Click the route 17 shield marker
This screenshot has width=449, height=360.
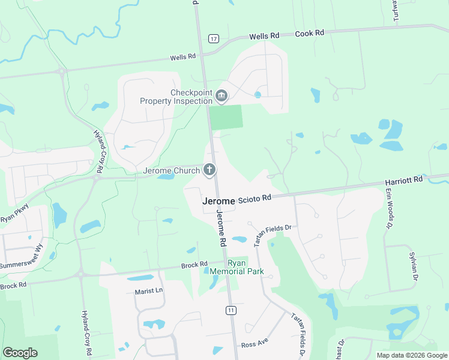click(214, 38)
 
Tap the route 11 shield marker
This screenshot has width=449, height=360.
click(231, 310)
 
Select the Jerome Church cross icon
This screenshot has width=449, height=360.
click(209, 170)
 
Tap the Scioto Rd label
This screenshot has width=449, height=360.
click(255, 197)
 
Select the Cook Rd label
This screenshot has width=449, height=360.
click(310, 34)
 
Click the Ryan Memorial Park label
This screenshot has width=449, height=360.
click(245, 267)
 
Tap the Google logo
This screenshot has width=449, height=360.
click(20, 353)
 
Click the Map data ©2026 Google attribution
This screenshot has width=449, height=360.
click(412, 355)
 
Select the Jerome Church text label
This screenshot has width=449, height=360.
click(171, 171)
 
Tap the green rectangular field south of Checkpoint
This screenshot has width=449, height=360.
click(226, 116)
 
